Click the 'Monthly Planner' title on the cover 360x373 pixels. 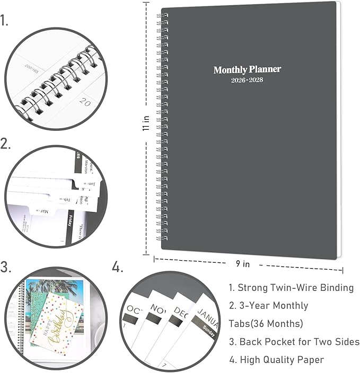[x=247, y=69]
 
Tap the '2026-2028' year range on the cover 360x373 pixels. [x=247, y=80]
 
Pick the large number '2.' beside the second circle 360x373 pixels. [x=6, y=144]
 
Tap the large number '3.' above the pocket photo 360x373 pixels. [x=6, y=268]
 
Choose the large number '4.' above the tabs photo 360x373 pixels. [x=118, y=268]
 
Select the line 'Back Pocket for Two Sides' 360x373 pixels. [x=294, y=342]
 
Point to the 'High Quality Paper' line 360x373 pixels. [x=276, y=360]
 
